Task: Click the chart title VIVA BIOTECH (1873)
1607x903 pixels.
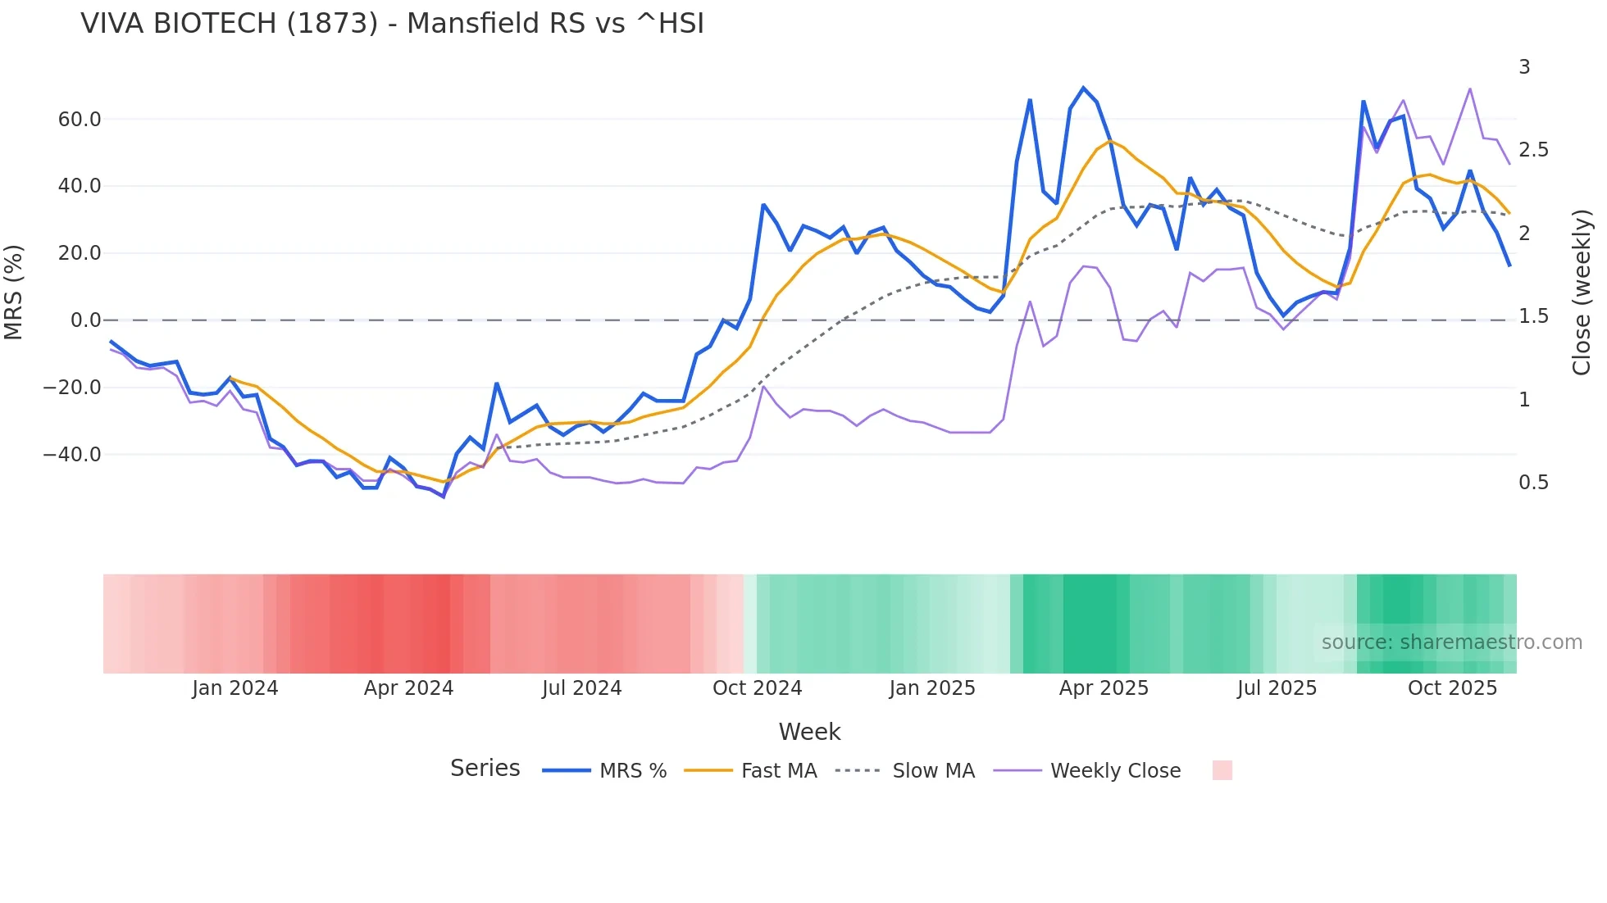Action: (392, 24)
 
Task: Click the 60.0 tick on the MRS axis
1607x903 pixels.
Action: (80, 120)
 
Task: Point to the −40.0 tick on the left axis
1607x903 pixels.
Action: (72, 455)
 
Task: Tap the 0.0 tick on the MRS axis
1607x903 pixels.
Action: (85, 320)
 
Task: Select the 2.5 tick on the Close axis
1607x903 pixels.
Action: (1533, 150)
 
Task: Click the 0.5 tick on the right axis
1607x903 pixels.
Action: (1533, 483)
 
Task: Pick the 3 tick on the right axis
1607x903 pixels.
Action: (1524, 67)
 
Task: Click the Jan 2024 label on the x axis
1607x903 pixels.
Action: (235, 688)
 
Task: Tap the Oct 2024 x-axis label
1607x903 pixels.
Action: (757, 688)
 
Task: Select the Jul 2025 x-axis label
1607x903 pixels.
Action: (1277, 688)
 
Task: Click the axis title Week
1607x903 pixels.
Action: (809, 732)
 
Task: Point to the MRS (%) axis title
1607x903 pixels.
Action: (14, 293)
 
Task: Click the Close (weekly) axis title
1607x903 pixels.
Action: (1582, 293)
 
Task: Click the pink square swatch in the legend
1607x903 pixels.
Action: (1222, 771)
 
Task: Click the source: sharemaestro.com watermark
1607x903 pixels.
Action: (1451, 642)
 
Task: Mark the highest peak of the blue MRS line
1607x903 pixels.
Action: (1083, 88)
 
